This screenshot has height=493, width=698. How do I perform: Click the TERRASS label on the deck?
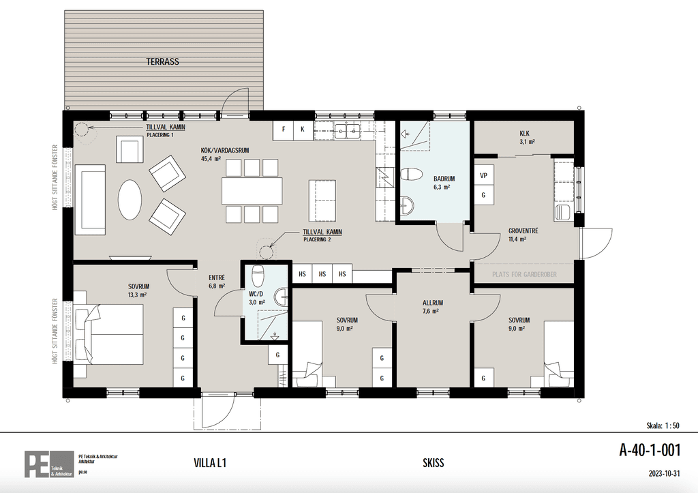(162, 61)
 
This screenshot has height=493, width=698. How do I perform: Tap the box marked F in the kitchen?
(284, 130)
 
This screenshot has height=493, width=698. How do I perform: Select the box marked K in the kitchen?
(303, 130)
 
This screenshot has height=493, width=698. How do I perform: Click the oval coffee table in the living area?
(130, 200)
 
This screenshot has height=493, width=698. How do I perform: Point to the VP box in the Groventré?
(483, 175)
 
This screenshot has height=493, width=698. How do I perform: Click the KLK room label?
(524, 133)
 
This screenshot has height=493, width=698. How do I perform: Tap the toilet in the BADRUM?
(411, 174)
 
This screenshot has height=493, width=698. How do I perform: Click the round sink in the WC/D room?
(282, 297)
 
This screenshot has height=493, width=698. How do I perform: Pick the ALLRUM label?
(433, 303)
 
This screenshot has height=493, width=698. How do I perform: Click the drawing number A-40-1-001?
(650, 450)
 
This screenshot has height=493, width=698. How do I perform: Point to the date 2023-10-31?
(664, 474)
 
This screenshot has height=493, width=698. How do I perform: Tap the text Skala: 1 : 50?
(663, 425)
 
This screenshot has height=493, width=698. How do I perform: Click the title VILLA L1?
(210, 463)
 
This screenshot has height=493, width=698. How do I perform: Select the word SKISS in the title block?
(433, 463)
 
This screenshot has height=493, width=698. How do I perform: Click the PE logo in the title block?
(49, 464)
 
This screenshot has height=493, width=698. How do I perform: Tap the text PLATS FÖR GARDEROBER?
(524, 274)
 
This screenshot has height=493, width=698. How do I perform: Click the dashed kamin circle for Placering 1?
(82, 129)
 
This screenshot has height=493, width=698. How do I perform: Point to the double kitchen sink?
(347, 130)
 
